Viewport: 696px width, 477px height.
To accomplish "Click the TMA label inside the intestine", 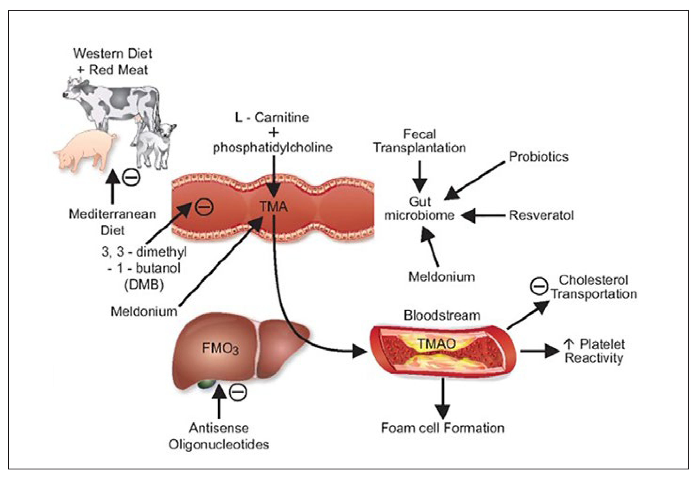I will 273,207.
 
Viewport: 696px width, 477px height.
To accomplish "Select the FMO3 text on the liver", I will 220,348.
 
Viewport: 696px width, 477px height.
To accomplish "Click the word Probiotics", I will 538,157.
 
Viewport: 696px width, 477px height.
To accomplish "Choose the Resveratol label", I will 541,215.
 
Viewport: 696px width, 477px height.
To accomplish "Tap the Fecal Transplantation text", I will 419,141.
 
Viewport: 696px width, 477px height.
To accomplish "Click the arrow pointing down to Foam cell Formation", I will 443,398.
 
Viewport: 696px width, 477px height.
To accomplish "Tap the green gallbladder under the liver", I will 207,385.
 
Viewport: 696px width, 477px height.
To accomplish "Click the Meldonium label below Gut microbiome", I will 441,277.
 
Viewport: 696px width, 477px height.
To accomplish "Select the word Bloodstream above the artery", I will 442,315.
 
